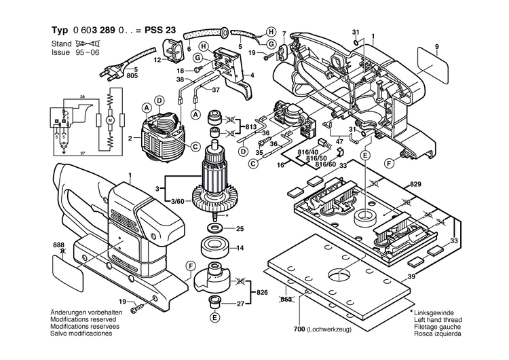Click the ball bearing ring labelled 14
pos(215,247)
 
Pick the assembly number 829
pos(415,185)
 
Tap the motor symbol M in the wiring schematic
pos(108,120)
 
